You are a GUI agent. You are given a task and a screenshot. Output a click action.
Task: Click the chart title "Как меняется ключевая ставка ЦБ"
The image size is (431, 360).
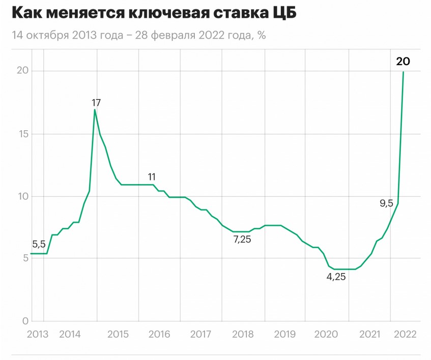click(x=153, y=14)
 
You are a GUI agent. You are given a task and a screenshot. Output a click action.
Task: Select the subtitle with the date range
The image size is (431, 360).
click(x=138, y=36)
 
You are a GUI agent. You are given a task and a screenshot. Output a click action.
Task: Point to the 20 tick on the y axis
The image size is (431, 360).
click(x=20, y=71)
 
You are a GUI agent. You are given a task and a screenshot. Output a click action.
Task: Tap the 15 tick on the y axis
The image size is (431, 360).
click(x=20, y=134)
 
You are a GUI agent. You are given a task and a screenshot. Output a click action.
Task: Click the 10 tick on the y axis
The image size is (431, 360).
click(x=20, y=196)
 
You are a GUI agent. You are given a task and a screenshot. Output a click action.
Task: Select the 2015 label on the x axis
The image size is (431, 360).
click(x=118, y=334)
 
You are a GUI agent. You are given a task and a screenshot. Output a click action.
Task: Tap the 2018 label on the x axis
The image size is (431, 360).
click(x=243, y=334)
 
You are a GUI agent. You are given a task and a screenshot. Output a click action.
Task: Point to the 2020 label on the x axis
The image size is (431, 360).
click(x=327, y=334)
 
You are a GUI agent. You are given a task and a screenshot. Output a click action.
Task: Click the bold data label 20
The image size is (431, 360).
click(x=403, y=62)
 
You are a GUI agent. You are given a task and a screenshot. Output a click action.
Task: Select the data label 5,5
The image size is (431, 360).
click(x=39, y=244)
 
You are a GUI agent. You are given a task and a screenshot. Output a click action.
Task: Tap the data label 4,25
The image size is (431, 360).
click(x=336, y=278)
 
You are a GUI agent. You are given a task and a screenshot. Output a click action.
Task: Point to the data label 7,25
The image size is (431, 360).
click(x=242, y=239)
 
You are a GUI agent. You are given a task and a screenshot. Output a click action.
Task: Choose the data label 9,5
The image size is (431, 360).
click(x=387, y=203)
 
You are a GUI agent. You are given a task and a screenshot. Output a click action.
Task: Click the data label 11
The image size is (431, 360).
click(x=152, y=177)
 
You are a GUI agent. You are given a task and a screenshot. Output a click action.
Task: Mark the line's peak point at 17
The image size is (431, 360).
click(x=95, y=110)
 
